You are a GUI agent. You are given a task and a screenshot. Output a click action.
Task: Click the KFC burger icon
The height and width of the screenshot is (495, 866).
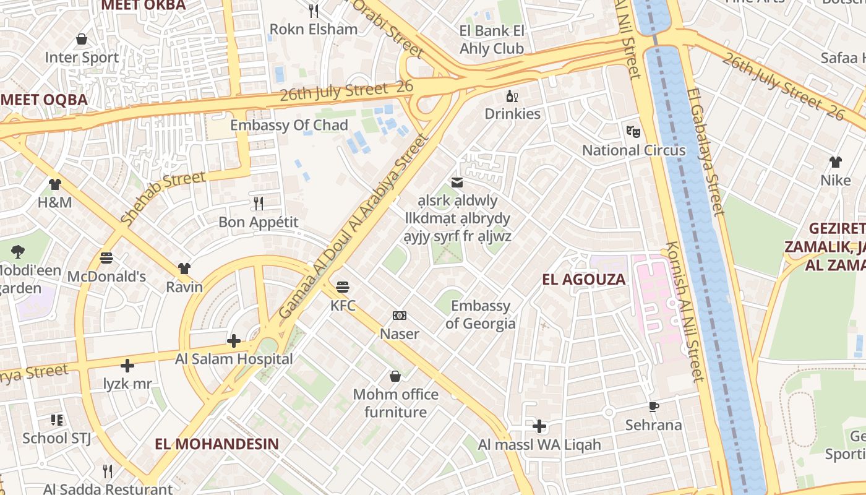point(343,287)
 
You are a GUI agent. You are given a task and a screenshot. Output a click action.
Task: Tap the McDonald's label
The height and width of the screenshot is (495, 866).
point(106,276)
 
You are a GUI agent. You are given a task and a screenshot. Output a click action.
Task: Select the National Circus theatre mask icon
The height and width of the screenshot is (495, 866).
point(633,131)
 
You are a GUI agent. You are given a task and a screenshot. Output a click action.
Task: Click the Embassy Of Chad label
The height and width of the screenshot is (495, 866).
point(289,125)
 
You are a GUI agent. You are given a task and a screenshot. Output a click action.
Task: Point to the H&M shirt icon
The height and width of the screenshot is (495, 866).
point(55,184)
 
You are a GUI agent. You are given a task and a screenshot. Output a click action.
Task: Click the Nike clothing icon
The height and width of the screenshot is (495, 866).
point(835,162)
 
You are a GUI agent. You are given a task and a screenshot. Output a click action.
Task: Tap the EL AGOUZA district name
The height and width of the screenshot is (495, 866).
point(583,280)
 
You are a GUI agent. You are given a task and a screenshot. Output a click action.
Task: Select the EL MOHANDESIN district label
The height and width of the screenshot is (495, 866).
point(216,444)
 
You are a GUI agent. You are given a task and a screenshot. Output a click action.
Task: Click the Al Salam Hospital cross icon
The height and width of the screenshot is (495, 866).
point(234,341)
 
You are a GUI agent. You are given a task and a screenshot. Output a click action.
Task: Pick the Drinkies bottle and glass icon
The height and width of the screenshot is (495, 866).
point(512,96)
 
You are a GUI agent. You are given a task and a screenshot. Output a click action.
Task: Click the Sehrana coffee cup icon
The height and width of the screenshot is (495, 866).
point(653,407)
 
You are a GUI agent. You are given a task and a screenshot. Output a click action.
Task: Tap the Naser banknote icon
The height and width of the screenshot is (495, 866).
point(400,316)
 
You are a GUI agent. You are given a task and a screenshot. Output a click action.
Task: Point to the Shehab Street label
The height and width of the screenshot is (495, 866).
point(163,198)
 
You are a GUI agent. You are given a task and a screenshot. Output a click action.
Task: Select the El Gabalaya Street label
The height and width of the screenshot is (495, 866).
point(706,152)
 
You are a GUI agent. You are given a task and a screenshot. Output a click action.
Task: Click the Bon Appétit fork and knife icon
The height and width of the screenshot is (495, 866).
point(259,203)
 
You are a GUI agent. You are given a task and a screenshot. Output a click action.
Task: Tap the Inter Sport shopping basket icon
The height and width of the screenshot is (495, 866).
point(82,40)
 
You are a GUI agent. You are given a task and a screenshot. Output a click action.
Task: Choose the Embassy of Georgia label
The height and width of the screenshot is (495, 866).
point(480,314)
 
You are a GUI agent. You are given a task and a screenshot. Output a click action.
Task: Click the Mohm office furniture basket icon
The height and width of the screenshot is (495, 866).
point(395,376)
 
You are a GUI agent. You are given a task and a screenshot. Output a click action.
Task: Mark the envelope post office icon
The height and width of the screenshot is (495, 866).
point(457,183)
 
